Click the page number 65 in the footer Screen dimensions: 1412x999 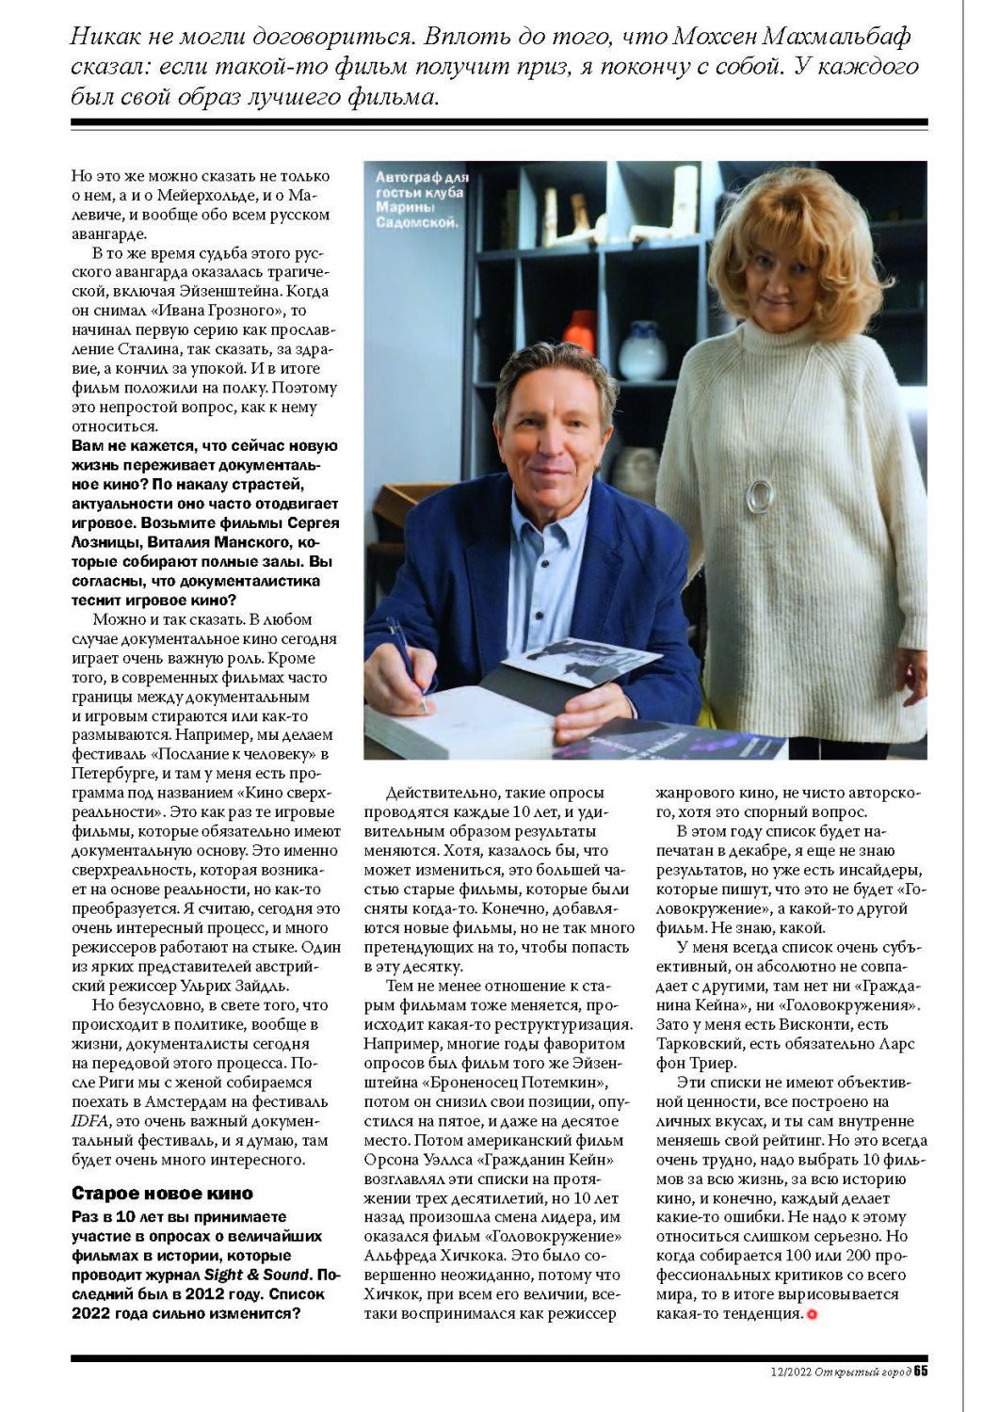pyautogui.click(x=920, y=1371)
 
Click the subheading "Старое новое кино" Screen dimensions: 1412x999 pyautogui.click(x=162, y=1194)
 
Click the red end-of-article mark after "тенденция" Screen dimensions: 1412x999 pyautogui.click(x=812, y=1314)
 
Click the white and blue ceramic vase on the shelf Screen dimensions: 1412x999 pyautogui.click(x=642, y=351)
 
